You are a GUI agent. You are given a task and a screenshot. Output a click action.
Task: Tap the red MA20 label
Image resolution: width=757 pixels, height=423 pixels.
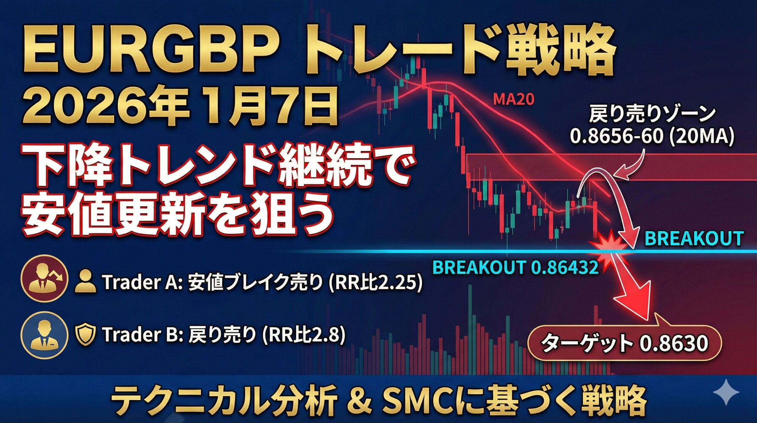click(514, 100)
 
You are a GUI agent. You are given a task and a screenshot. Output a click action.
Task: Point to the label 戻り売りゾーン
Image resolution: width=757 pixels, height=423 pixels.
click(652, 114)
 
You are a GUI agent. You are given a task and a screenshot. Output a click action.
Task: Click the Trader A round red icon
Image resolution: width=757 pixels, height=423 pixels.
click(44, 279)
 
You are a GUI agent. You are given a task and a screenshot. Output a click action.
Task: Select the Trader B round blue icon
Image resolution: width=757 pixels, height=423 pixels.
click(44, 334)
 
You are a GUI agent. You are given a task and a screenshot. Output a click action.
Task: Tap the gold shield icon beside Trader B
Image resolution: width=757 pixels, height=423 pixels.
click(85, 334)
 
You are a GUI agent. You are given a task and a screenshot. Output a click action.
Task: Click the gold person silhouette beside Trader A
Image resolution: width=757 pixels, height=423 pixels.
click(85, 283)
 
